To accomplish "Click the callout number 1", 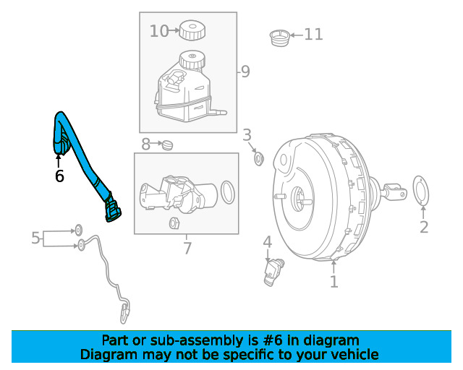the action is point(334,281).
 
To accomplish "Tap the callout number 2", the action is point(424,227).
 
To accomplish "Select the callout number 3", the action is point(247,134).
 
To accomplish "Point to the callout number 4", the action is point(267,242).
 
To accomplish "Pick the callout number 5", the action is point(35,237).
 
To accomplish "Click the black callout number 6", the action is point(59,176).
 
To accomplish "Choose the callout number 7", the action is point(187,249).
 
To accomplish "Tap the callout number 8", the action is point(146,145).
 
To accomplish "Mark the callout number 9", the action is point(245,71).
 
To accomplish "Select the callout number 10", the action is point(158,31).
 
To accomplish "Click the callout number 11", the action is point(313,33).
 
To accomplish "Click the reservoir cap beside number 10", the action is point(192,31).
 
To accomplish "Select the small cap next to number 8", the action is point(168,145).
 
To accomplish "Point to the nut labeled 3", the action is point(258,157).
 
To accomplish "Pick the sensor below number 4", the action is point(274,271).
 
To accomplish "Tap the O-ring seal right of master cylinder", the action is point(227,192).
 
